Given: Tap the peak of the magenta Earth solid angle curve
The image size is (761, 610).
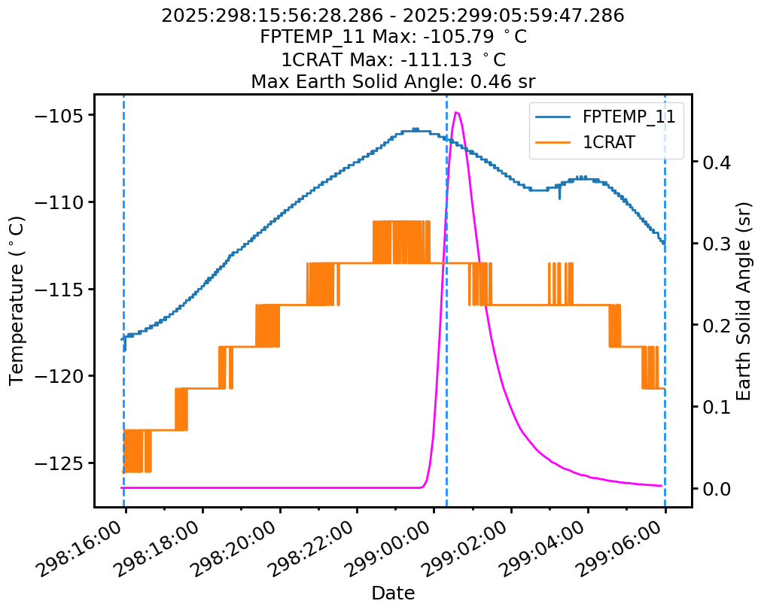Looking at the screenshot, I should tap(456, 113).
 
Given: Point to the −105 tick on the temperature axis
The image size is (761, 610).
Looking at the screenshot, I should tap(64, 115).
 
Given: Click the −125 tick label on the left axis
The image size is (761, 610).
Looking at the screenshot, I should tap(64, 463).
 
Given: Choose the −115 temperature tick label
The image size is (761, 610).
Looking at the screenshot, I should tap(64, 290).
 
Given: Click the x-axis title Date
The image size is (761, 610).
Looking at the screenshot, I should tap(393, 593).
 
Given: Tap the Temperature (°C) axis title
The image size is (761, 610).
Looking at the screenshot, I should tap(17, 300).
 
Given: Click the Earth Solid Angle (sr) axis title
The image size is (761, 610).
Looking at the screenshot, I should tap(744, 300).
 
